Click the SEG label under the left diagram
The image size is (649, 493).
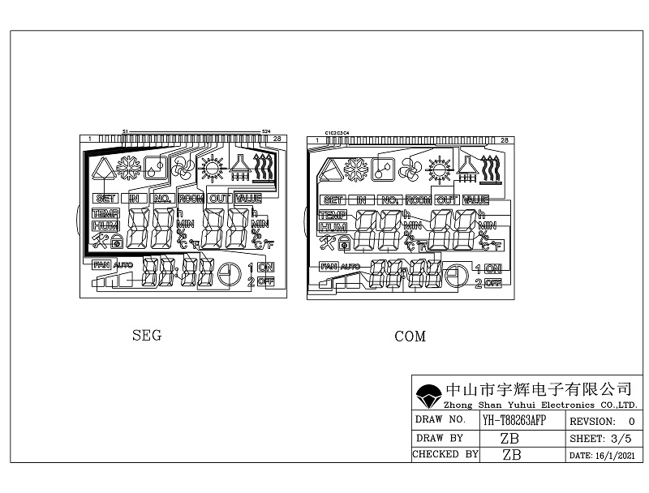pos(146,336)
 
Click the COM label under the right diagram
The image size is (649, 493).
pos(410,337)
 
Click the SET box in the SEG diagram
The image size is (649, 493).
pos(105,198)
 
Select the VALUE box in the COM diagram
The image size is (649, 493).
pos(476,199)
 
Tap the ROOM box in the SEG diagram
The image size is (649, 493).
pos(191,198)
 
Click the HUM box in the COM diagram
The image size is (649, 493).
pos(333,227)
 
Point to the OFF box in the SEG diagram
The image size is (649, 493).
pos(266,281)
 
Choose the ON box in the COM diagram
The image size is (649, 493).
pos(493,268)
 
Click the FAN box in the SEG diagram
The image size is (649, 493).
pos(101,264)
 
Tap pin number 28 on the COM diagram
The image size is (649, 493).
pos(505,140)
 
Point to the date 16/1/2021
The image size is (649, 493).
pos(615,456)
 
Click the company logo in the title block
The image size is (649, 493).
pos(427,396)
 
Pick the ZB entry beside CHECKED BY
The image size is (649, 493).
pos(511,455)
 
